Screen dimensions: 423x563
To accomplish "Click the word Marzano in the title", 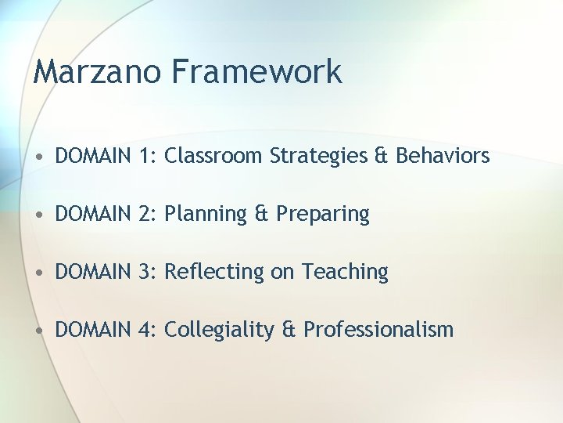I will (97, 72).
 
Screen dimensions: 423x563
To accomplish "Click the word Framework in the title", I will (256, 72).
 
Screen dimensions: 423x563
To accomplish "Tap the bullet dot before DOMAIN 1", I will (41, 157).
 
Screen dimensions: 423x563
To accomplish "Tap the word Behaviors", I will (443, 156).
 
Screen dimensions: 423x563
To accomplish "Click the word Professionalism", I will (378, 330).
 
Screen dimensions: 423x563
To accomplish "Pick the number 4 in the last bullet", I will (145, 330).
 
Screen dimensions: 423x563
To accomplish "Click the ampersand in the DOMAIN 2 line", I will (262, 214).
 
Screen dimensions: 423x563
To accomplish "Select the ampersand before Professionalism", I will (289, 330).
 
